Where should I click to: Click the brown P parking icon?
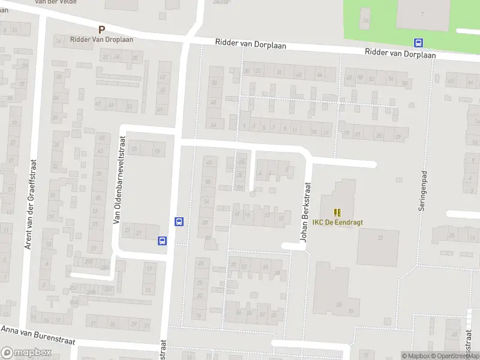pos(101,29)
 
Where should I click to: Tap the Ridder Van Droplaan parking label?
pos(102,39)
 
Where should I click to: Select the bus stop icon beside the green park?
pos(418,43)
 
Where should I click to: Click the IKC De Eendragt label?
pos(337,222)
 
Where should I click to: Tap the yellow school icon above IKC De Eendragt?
pos(337,212)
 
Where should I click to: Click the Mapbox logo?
pos(26,353)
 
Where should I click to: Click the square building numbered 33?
pos(378,247)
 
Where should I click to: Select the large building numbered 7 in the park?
pos(423,13)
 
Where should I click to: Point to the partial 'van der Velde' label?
pos(58,2)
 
